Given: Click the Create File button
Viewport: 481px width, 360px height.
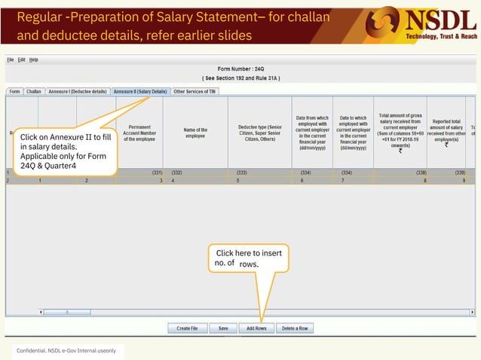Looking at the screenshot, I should (187, 328).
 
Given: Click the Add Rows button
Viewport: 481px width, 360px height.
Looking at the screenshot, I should (256, 328).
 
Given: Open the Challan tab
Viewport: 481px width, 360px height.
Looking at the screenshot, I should (34, 91).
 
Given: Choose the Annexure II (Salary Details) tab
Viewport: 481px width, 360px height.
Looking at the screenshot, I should (140, 91).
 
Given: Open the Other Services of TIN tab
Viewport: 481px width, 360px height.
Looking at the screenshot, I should (195, 91).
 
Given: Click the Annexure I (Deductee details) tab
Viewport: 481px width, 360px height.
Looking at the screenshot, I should (78, 91).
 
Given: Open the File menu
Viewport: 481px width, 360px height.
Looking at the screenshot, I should (11, 59).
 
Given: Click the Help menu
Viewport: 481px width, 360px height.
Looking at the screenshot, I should (34, 59).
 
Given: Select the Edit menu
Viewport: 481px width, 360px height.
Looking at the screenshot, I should (22, 59).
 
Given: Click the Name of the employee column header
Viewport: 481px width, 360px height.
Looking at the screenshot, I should (195, 133).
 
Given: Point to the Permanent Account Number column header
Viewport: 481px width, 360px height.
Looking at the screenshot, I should (139, 133).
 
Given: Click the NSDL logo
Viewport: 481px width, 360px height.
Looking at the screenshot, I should (426, 23).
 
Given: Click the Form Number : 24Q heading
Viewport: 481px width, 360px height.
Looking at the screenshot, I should (240, 69).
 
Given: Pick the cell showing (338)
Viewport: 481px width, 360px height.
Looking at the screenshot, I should (400, 172).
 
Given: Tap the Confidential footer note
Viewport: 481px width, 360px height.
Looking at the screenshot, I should (67, 352).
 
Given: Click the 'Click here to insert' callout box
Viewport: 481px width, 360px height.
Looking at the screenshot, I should (249, 258).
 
